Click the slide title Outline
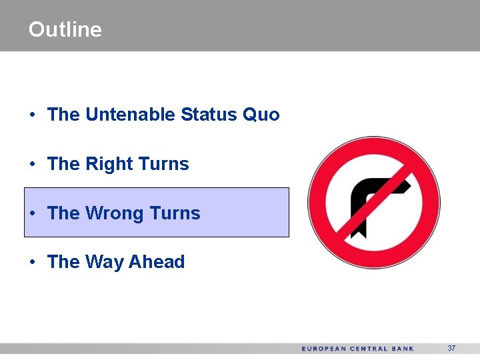65,29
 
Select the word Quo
261,115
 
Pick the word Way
105,263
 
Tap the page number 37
451,349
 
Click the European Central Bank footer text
357,349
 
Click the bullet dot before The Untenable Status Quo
33,115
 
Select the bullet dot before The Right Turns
33,165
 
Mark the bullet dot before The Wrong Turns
33,214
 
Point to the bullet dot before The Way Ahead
33,263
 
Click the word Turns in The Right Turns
163,164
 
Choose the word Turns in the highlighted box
175,213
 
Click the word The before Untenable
63,115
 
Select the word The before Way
63,262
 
